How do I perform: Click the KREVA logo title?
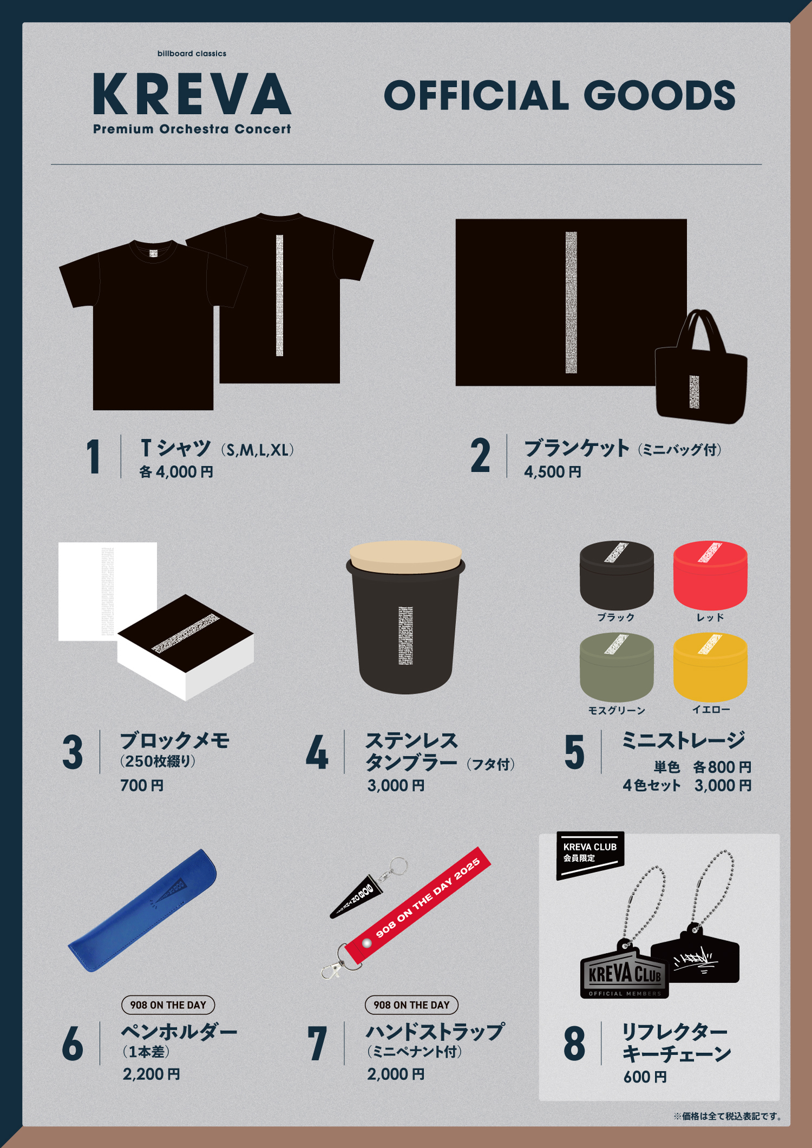point(192,95)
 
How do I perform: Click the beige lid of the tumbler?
point(405,557)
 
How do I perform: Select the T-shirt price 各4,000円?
point(176,472)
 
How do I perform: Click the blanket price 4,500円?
point(552,472)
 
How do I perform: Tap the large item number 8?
point(574,1044)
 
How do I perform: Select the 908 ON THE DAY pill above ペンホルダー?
point(168,1005)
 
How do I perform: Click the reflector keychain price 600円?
point(645,1077)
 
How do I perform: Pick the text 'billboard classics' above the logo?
point(192,54)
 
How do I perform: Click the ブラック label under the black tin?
point(615,617)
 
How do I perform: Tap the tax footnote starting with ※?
point(727,1116)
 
